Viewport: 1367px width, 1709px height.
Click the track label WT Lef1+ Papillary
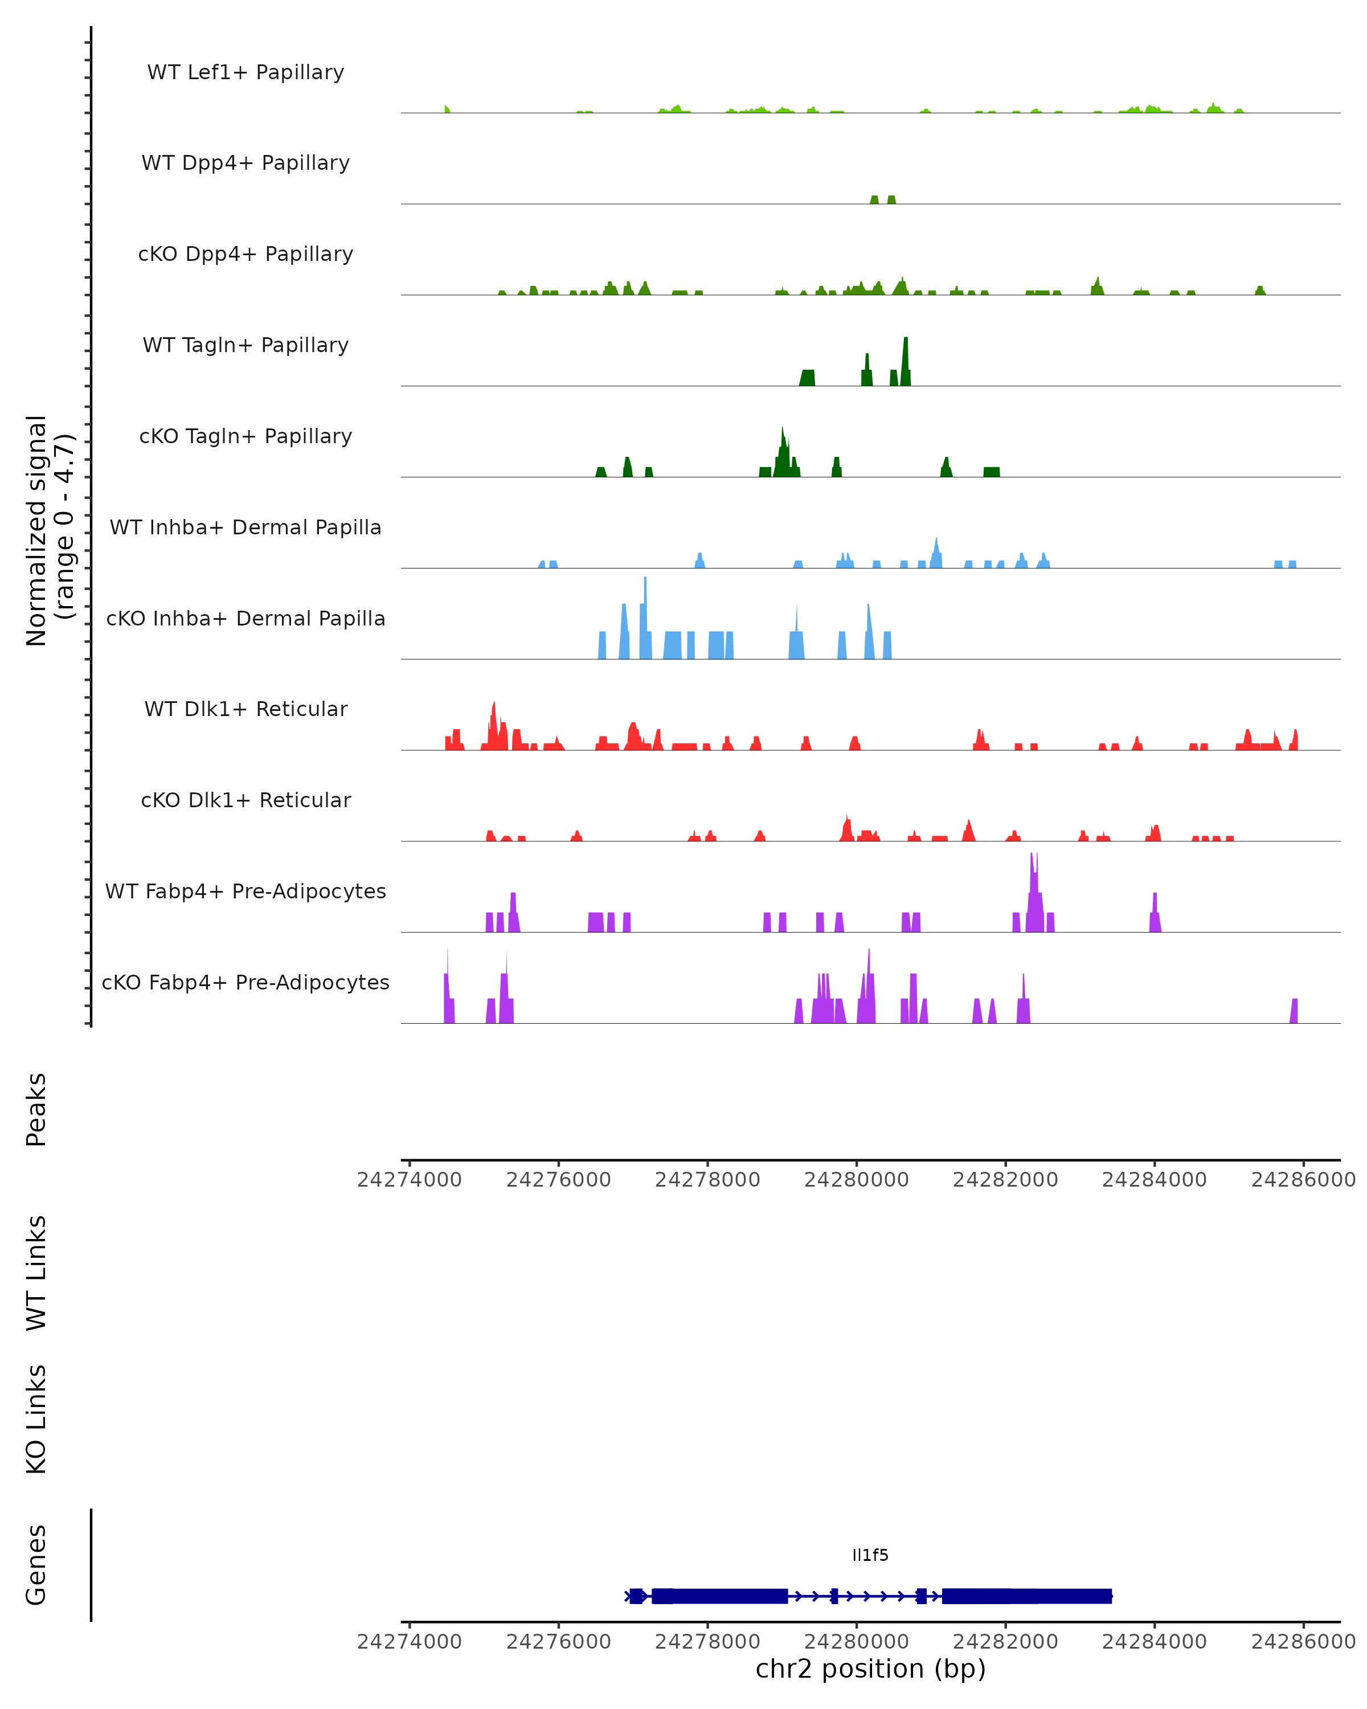point(245,72)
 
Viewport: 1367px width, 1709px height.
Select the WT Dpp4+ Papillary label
point(245,163)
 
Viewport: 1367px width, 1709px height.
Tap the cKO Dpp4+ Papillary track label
point(245,255)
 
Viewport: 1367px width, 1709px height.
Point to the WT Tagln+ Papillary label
point(245,346)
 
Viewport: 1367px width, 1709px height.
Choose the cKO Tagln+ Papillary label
point(245,437)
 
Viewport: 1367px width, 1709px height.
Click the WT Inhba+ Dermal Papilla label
point(245,528)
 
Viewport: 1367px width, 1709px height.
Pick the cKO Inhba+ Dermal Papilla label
point(245,619)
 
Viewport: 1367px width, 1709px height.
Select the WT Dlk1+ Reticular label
point(245,709)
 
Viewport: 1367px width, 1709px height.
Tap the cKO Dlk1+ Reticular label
point(245,800)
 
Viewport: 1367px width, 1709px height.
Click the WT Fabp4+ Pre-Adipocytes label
point(245,892)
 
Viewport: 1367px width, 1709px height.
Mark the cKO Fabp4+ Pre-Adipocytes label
point(245,983)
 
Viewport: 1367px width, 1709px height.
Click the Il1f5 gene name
point(870,1555)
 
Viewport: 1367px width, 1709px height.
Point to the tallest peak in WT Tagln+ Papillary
point(906,341)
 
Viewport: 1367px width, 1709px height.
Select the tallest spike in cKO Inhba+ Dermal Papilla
point(645,581)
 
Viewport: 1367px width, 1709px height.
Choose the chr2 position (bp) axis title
point(870,1669)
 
